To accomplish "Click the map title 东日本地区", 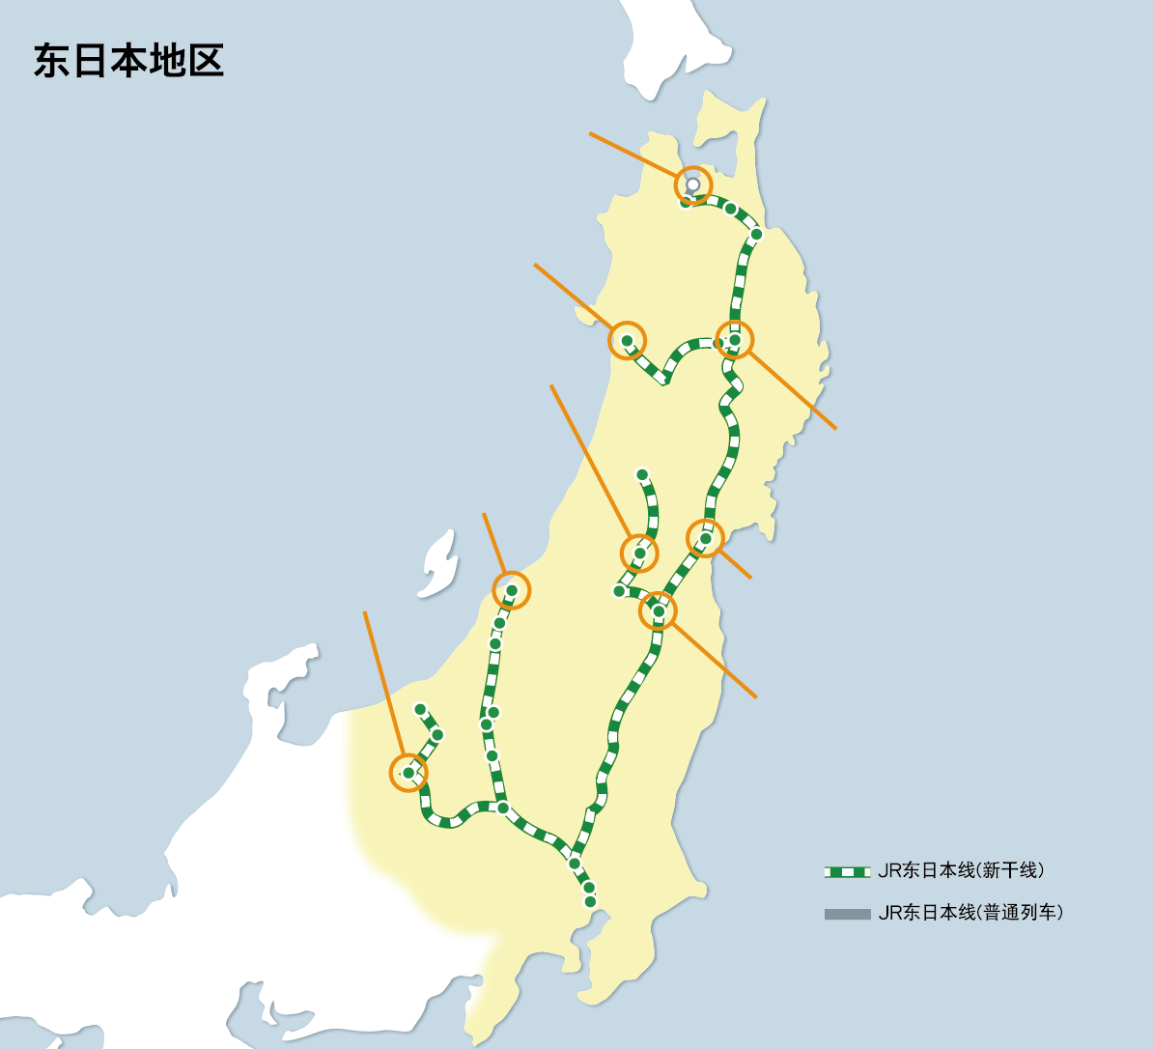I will [128, 61].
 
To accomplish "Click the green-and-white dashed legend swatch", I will [847, 872].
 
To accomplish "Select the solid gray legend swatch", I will [847, 914].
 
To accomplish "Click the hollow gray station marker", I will [692, 184].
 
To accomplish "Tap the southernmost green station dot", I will [590, 901].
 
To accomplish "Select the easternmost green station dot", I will [756, 234].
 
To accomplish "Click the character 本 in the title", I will [128, 61].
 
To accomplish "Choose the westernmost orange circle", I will [408, 773].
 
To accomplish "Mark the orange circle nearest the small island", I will [511, 590].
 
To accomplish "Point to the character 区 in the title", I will [206, 61].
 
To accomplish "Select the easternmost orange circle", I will [734, 339].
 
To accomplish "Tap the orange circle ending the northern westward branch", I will [627, 340].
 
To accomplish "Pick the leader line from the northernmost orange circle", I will [633, 155].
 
